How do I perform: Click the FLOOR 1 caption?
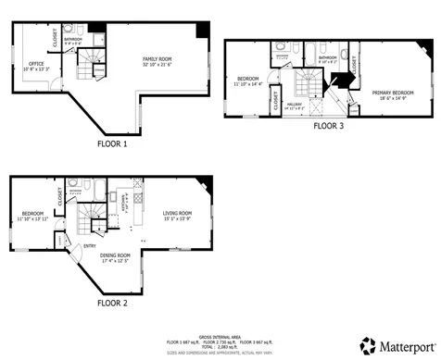point(112,144)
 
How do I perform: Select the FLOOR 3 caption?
point(328,125)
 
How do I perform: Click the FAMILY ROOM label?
point(157,59)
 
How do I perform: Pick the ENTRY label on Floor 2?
point(90,245)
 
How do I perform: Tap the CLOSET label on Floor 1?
point(56,38)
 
